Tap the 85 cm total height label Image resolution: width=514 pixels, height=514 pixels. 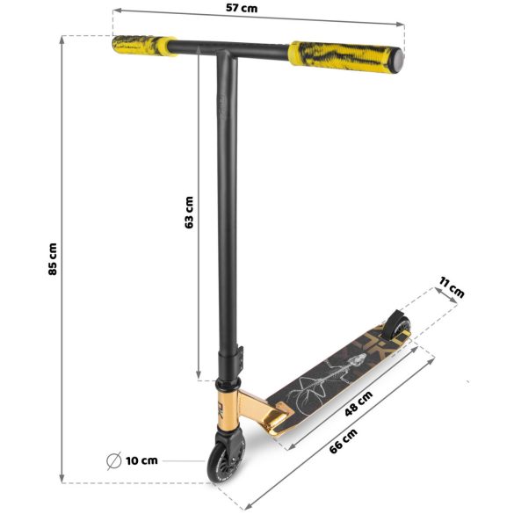[x=53, y=259]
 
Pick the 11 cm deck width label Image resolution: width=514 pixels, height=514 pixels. [x=451, y=287]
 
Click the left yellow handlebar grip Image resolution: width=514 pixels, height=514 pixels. [x=143, y=44]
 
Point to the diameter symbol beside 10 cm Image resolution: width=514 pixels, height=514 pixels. [x=113, y=460]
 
